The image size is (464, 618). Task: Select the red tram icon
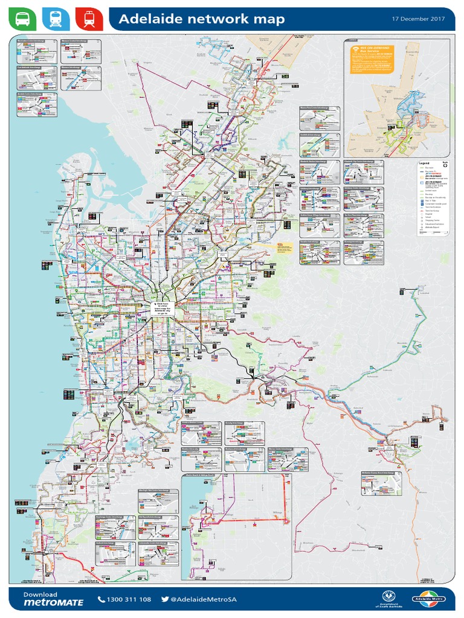pos(89,19)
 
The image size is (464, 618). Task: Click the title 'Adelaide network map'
pos(201,20)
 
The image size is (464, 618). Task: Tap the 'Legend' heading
pos(424,163)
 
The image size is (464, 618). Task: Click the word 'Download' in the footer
pos(40,594)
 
